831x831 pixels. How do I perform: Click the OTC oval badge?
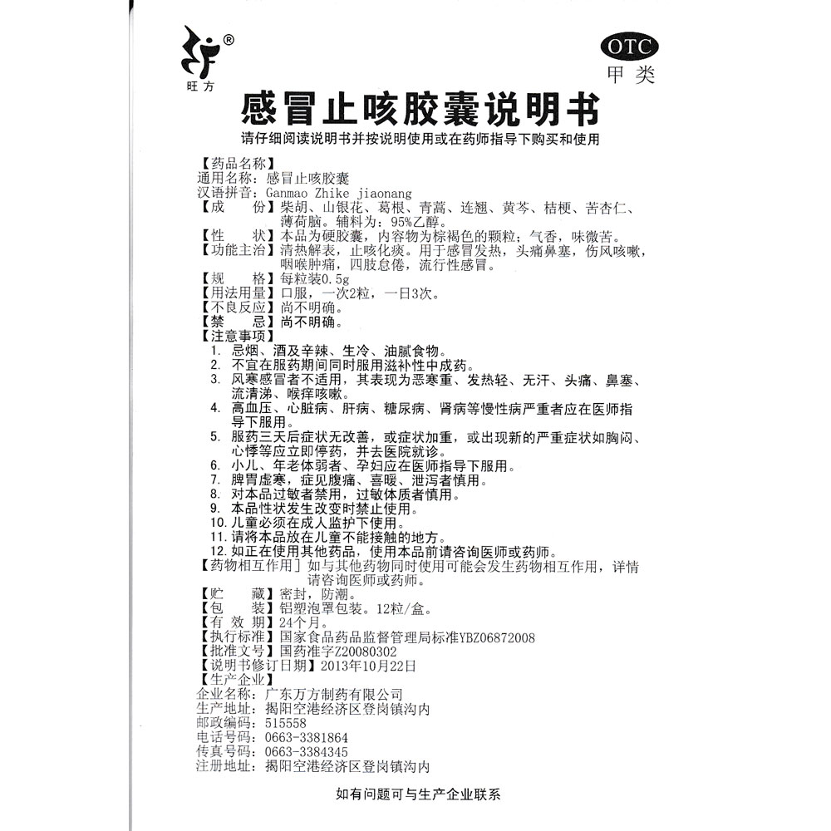click(627, 46)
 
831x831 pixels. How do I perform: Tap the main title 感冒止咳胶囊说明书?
click(419, 109)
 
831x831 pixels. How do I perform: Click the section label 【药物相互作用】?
click(248, 566)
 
